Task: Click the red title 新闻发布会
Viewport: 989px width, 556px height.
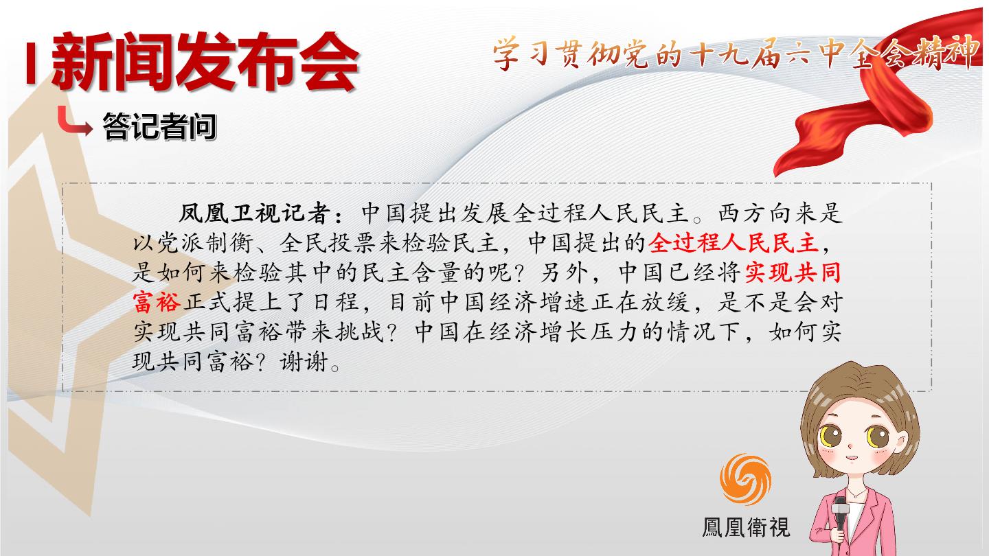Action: pos(206,62)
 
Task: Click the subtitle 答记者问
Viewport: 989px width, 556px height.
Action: pos(159,126)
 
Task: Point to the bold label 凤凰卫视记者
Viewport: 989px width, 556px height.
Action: pos(254,213)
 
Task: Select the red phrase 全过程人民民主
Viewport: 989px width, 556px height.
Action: pos(734,243)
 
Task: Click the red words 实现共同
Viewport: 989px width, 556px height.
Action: pos(793,273)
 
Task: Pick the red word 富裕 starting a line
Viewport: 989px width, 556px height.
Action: pos(157,302)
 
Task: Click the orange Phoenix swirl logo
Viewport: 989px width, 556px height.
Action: pos(745,479)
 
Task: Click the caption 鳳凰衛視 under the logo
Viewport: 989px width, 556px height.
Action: pos(746,527)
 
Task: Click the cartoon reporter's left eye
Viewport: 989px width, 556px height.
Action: pos(830,437)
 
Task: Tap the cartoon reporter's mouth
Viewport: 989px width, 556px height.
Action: pos(851,457)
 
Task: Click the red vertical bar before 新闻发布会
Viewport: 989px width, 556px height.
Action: pos(30,62)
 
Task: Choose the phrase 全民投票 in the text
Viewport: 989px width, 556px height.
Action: pos(327,243)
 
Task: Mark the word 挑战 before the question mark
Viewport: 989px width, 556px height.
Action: pos(359,332)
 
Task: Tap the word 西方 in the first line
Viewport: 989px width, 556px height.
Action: pos(743,213)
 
